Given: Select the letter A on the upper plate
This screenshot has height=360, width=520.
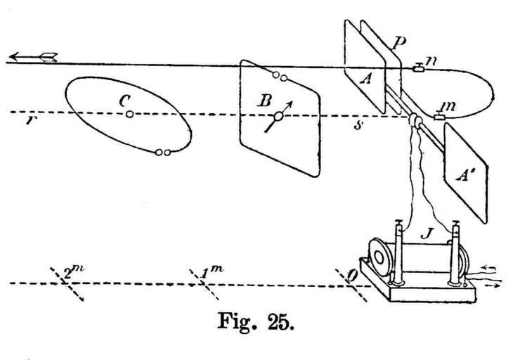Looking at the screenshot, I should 364,79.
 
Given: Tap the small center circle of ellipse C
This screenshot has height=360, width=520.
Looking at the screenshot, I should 130,114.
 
